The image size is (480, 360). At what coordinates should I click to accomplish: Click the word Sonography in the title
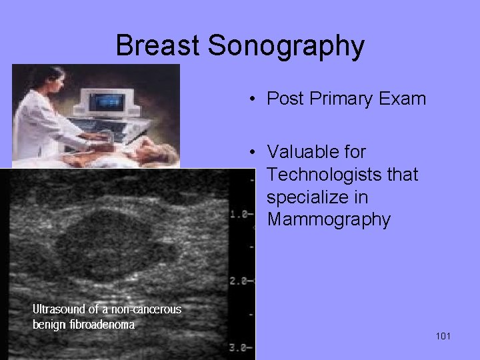coord(286,46)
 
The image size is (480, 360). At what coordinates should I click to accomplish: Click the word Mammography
coord(328,220)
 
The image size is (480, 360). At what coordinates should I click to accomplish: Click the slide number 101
coord(443,336)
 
